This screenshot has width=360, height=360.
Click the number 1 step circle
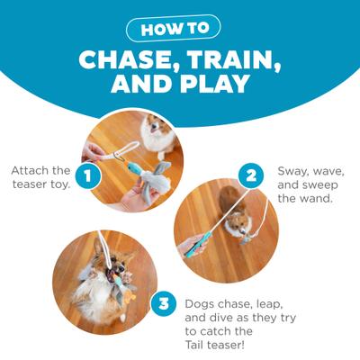point(87,176)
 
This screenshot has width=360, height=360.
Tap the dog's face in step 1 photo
point(158,135)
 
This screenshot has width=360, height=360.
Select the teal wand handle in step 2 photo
point(199,241)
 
